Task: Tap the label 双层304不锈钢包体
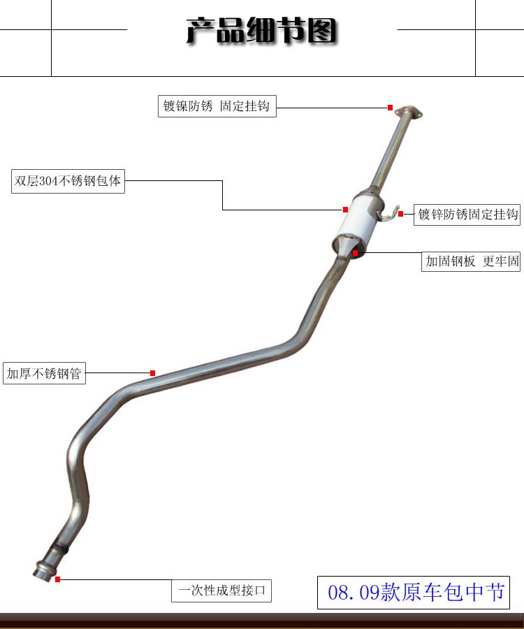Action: click(x=68, y=181)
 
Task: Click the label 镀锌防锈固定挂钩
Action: click(x=467, y=215)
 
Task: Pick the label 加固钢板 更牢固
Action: click(x=472, y=262)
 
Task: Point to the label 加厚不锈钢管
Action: click(x=44, y=374)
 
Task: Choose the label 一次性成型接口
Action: click(x=221, y=591)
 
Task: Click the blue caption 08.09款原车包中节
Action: click(x=416, y=593)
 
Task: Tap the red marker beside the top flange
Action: click(x=391, y=108)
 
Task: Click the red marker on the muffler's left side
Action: click(x=345, y=209)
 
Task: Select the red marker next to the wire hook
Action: click(x=401, y=214)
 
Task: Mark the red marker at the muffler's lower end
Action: click(x=356, y=252)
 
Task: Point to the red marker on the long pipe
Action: click(x=152, y=373)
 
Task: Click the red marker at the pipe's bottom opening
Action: click(x=57, y=579)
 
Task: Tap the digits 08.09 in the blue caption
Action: click(x=354, y=593)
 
